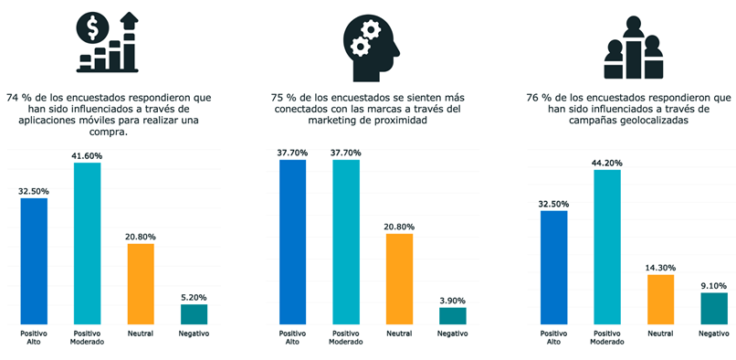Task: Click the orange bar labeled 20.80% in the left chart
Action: coord(141,283)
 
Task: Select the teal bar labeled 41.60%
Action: coord(87,242)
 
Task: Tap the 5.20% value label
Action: coord(195,297)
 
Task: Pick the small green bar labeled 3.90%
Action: coord(452,315)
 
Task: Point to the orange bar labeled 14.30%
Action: coord(660,299)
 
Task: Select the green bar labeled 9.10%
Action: coord(713,308)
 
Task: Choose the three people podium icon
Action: coord(632,50)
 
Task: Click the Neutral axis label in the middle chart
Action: coord(399,334)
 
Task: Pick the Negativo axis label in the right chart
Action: coord(713,334)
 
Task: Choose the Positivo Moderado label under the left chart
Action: coord(87,337)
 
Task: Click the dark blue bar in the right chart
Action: coord(553,267)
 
